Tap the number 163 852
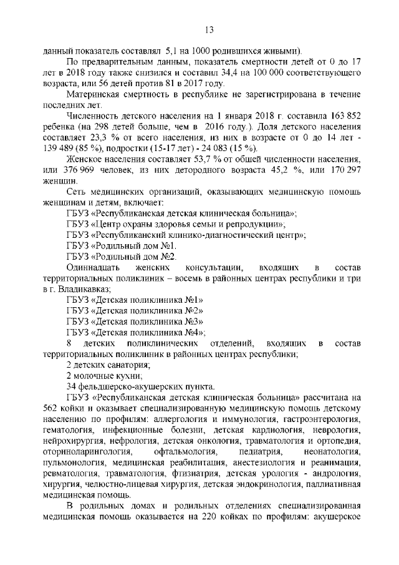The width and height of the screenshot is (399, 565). click(343, 117)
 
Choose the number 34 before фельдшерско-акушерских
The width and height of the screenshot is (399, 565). click(71, 386)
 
